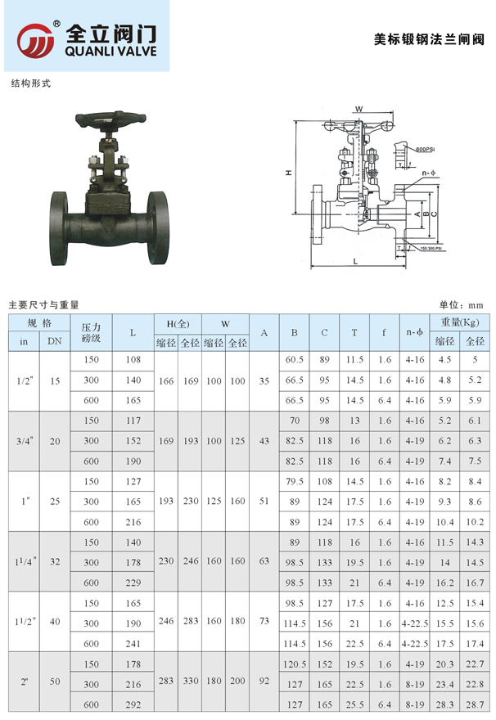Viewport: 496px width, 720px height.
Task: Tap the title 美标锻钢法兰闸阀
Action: coord(429,38)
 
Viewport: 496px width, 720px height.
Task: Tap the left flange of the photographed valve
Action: coord(60,228)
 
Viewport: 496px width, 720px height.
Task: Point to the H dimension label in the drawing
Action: coord(288,173)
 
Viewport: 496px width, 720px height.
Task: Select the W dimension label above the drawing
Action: coord(358,108)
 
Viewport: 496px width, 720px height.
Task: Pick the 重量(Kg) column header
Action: coord(459,322)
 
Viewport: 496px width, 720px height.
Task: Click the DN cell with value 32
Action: coord(55,563)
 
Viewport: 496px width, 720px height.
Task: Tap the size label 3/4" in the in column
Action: coord(24,441)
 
